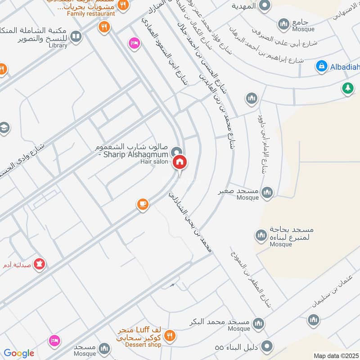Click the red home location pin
[180, 162]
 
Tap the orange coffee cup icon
[143, 204]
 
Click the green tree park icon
[347, 88]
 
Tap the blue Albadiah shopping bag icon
[321, 67]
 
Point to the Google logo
[19, 353]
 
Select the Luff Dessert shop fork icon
[170, 335]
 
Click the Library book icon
[76, 36]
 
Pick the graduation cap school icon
[4, 127]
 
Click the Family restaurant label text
[91, 13]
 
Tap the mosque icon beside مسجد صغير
[267, 192]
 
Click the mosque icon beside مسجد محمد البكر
[258, 323]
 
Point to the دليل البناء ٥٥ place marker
[267, 346]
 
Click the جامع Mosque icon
[283, 23]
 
